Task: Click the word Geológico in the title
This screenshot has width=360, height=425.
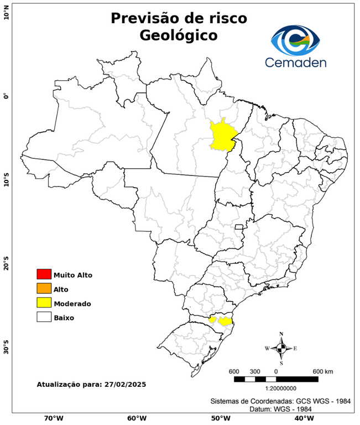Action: coord(179,35)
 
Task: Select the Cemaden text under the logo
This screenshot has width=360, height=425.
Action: coord(296,62)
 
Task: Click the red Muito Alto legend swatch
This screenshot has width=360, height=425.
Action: coord(44,274)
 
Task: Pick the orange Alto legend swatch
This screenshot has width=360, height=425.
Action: coord(44,289)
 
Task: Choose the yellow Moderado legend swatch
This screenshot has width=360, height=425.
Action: coord(44,303)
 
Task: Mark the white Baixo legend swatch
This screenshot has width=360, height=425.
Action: coord(44,318)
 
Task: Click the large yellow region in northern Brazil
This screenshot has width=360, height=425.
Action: coord(222,136)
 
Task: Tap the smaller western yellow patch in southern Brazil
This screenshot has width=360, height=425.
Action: coord(212,319)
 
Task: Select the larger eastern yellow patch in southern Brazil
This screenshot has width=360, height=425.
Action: coord(226,321)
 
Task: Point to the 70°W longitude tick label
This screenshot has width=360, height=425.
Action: coord(53,418)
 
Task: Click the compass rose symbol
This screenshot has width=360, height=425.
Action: coord(281,348)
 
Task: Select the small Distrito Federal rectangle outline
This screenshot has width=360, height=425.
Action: coord(239,227)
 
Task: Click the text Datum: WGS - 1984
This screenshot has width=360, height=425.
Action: coord(280,408)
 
